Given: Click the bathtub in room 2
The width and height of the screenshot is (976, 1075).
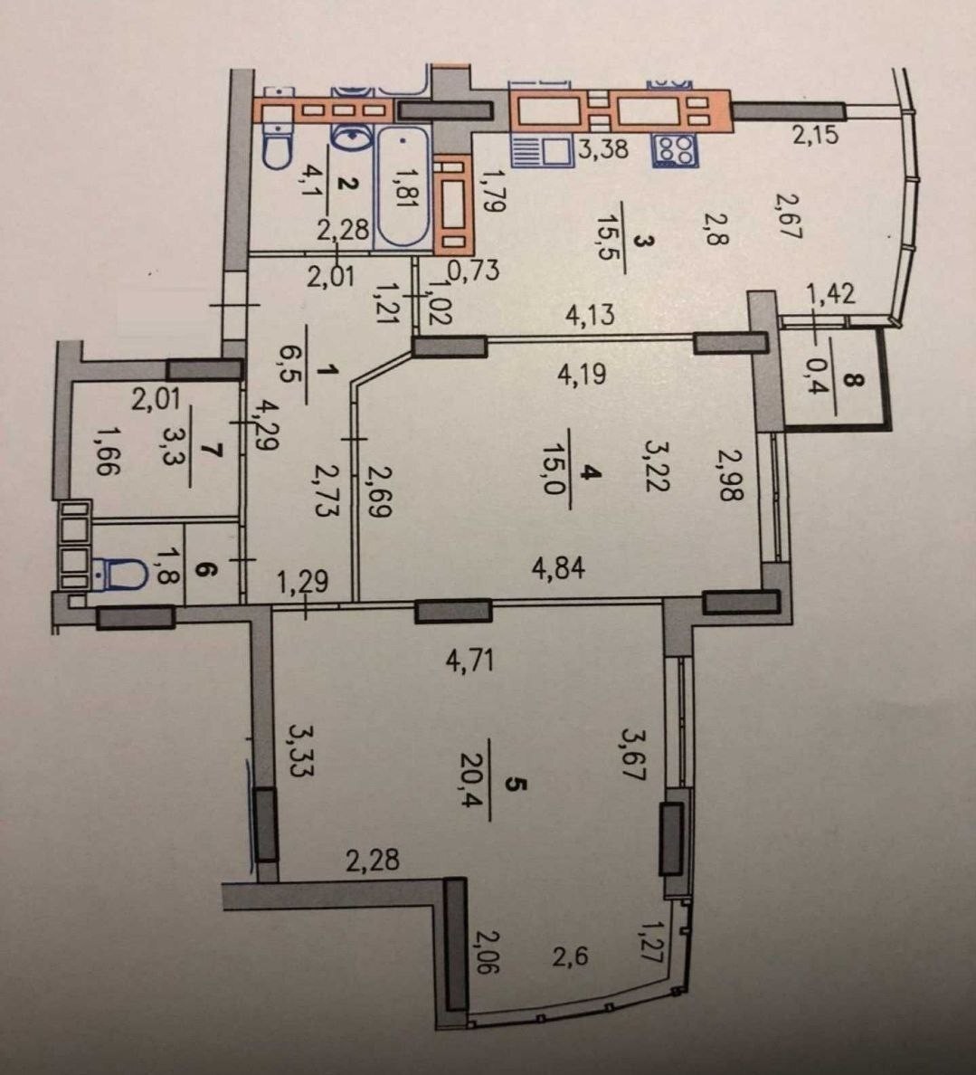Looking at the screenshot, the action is pos(403,186).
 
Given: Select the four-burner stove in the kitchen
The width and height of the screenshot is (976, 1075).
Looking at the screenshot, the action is pos(675,150).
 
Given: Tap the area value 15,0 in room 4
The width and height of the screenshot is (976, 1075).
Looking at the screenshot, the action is pos(552,469).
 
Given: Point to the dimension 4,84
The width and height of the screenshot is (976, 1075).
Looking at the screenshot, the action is pos(559,568).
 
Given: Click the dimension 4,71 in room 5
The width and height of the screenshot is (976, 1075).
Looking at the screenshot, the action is pos(469,661).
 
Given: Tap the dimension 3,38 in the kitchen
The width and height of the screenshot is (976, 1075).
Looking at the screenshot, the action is pos(602,148).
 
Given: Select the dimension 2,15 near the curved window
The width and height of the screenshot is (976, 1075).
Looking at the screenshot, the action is pos(816,134).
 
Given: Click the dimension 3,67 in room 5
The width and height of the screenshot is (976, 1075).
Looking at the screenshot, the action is pos(633,755).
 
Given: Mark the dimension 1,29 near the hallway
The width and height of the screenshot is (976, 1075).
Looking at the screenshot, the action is pos(302,582).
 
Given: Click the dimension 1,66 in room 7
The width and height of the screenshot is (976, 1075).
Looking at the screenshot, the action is pos(108,451).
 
